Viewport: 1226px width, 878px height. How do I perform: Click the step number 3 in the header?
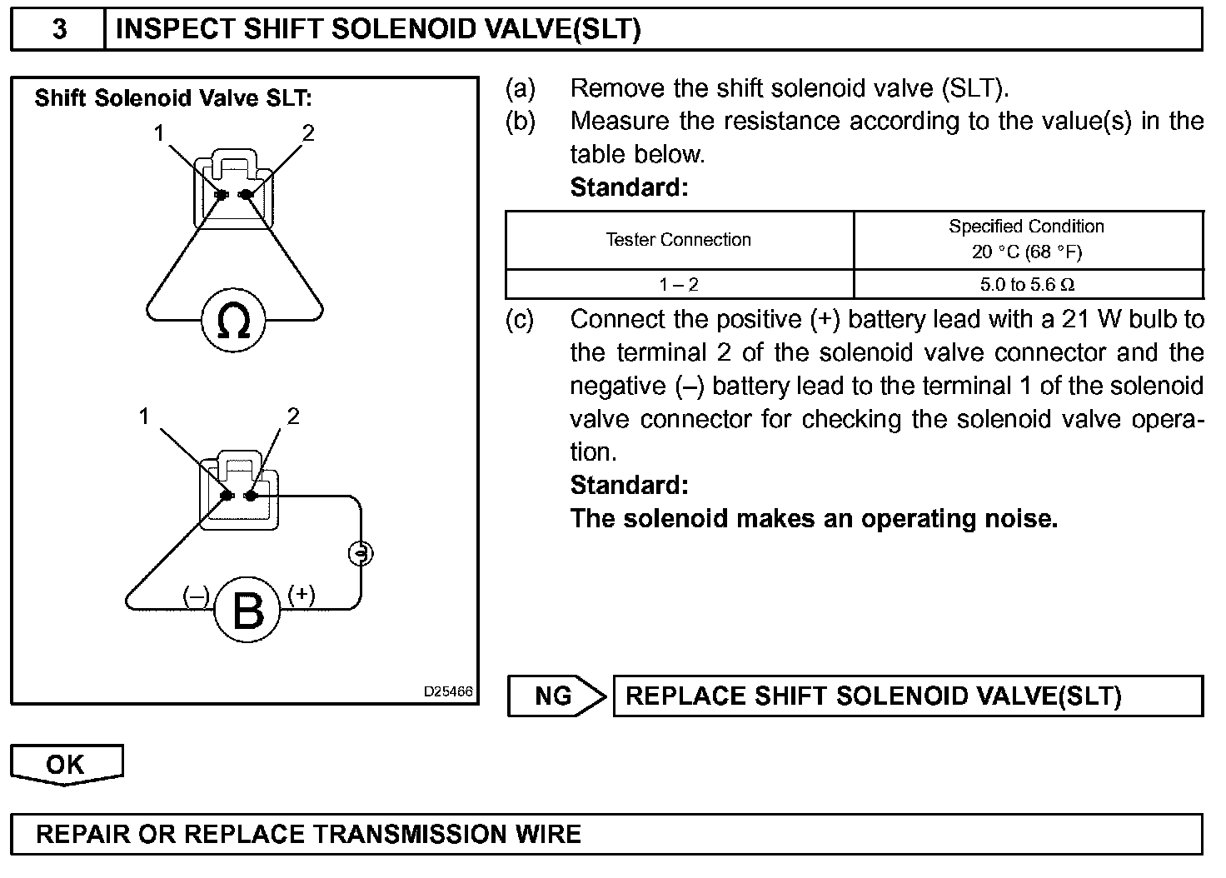tap(59, 29)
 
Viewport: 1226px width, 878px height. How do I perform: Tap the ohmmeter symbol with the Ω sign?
tap(233, 320)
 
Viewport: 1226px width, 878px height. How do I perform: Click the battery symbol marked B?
tap(248, 611)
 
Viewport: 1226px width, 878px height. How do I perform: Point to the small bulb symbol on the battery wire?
tap(361, 552)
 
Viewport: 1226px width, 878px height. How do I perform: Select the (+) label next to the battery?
tap(302, 594)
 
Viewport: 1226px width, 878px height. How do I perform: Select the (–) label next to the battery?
tap(197, 596)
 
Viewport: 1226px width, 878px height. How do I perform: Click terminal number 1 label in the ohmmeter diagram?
tap(158, 133)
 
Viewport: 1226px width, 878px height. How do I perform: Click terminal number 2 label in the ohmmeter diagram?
tap(308, 133)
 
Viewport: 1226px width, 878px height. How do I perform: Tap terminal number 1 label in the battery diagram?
tap(144, 417)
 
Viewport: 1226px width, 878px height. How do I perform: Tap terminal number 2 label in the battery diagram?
tap(292, 417)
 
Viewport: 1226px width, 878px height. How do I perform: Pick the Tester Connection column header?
tap(678, 240)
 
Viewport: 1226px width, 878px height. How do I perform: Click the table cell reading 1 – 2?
tap(678, 285)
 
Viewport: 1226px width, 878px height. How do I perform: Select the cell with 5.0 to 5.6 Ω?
tap(1027, 285)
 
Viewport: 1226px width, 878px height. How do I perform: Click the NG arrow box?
tap(556, 696)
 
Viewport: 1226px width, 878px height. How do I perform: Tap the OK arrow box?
tap(66, 765)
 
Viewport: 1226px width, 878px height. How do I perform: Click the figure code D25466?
tap(448, 691)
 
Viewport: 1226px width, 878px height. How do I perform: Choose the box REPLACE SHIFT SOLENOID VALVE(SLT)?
tap(907, 696)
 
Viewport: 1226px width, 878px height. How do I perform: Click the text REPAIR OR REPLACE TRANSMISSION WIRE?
tap(308, 834)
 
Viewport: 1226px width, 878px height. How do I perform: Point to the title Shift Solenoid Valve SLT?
tap(173, 98)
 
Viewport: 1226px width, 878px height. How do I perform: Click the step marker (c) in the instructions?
tap(520, 320)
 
